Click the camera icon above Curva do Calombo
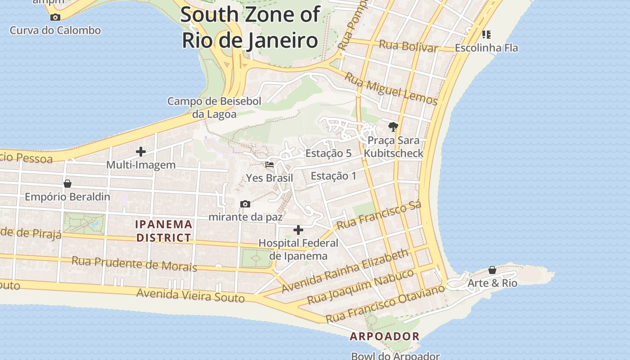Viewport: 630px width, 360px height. [55, 18]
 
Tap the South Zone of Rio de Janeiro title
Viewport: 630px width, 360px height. [250, 27]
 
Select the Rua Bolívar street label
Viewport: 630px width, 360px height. [408, 46]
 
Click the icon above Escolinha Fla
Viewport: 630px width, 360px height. [486, 34]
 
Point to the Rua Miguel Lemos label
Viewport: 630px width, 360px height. [391, 89]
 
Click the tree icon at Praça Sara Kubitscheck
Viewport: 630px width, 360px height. [393, 127]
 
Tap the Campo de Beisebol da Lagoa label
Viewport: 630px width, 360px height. [214, 108]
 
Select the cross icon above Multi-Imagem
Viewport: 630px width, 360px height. [141, 152]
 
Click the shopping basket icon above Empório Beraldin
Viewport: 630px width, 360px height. [67, 184]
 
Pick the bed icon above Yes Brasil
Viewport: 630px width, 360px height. [270, 165]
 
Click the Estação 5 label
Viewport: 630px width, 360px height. [328, 153]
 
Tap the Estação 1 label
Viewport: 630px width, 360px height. [333, 175]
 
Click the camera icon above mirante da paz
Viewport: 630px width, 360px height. [245, 204]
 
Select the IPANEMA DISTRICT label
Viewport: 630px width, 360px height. [164, 230]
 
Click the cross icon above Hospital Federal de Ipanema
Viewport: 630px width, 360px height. [298, 230]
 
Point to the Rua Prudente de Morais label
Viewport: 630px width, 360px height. [134, 264]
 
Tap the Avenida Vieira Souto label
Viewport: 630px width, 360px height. [190, 295]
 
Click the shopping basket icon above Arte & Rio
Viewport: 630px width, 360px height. [492, 270]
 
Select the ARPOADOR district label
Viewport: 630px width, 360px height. [385, 336]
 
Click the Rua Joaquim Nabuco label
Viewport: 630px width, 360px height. [360, 287]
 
